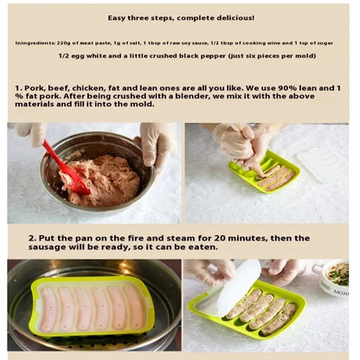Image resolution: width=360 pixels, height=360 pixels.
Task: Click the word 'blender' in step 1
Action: pyautogui.click(x=196, y=96)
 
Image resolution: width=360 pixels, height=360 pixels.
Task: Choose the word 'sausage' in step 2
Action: pyautogui.click(x=47, y=247)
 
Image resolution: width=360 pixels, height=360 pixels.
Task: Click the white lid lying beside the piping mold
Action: pyautogui.click(x=323, y=164)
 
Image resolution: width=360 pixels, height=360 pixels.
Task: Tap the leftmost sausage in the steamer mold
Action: pyautogui.click(x=48, y=310)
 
